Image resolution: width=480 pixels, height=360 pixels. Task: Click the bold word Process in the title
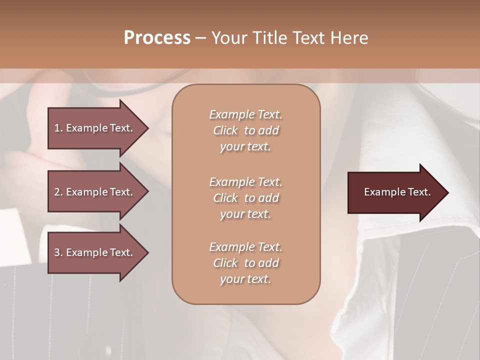157,38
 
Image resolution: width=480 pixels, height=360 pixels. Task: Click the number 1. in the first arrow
58,128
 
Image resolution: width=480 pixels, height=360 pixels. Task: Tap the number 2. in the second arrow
58,192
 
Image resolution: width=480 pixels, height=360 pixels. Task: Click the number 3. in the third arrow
58,252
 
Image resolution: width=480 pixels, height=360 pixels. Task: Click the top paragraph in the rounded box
245,130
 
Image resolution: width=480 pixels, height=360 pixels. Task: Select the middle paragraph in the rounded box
245,198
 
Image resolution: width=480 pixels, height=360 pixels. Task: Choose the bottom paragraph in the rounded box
245,263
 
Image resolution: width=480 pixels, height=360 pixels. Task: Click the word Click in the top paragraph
225,131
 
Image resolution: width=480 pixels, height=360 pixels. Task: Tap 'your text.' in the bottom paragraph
245,279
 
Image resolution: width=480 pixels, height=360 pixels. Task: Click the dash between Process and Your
200,38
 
